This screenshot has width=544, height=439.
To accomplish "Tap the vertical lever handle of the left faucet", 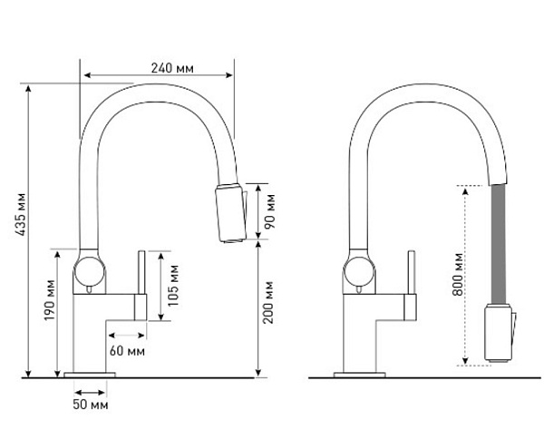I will (141, 283).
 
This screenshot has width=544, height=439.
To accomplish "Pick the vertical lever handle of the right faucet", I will (411, 283).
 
